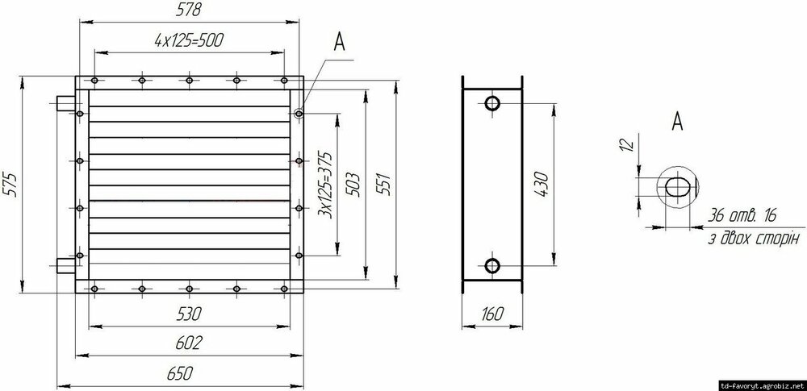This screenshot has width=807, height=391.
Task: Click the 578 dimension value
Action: click(188, 9)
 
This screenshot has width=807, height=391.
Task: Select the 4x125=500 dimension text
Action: click(189, 40)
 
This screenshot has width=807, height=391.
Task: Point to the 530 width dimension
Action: click(188, 314)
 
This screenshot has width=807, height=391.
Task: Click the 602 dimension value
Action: click(189, 343)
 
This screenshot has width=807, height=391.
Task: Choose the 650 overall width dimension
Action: click(180, 373)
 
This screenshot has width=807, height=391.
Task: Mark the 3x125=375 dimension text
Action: click(325, 184)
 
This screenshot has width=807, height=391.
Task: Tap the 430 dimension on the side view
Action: click(541, 184)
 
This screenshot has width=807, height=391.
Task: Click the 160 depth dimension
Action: click(491, 314)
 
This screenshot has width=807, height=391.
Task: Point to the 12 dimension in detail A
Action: click(625, 144)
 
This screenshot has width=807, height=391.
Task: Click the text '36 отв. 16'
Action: click(741, 215)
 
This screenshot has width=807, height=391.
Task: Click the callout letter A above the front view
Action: click(339, 42)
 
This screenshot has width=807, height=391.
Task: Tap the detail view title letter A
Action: click(677, 121)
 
